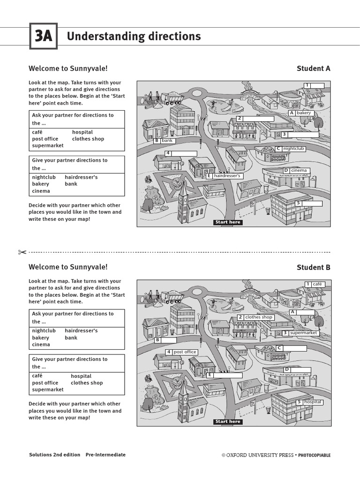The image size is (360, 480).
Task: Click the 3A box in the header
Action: tap(43, 36)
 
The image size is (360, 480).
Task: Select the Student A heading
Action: tap(313, 68)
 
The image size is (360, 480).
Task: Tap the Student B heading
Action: tap(313, 267)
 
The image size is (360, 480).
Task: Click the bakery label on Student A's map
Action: tap(303, 113)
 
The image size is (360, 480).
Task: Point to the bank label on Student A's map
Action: tap(167, 140)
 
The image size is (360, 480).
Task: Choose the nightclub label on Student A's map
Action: tap(293, 149)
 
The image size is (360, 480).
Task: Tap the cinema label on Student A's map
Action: tap(299, 171)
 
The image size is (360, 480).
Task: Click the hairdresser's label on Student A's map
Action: tap(227, 176)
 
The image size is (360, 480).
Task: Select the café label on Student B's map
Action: tap(317, 284)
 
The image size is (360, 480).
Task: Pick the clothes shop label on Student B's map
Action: tap(258, 317)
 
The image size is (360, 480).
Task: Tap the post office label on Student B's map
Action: tap(184, 352)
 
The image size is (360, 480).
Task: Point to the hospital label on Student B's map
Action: tap(313, 402)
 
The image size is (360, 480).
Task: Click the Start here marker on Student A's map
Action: tap(228, 222)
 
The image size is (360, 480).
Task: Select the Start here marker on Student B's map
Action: tap(228, 421)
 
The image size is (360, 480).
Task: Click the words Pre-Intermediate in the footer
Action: tap(105, 455)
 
